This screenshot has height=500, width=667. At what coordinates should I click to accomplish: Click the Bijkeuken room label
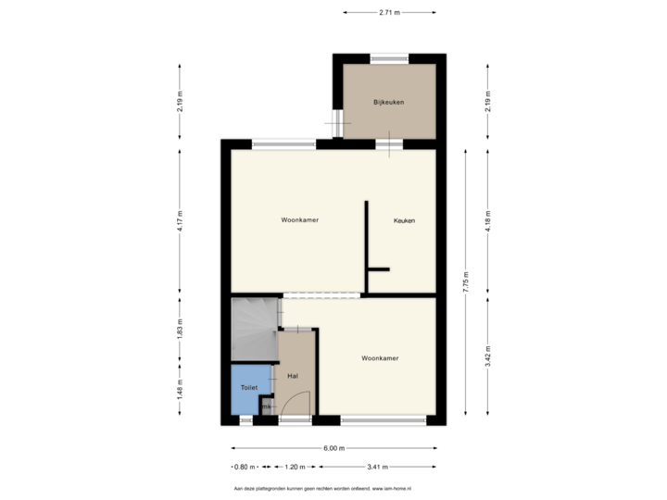(388, 102)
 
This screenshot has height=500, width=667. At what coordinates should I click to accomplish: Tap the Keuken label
(403, 220)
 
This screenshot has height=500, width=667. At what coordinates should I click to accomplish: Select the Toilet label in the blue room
(248, 386)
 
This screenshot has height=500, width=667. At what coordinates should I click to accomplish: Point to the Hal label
(292, 376)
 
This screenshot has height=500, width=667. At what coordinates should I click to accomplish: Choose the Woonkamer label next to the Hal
(380, 357)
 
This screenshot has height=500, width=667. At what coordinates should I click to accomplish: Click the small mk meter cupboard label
(266, 406)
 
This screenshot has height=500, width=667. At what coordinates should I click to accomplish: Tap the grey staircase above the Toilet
(253, 330)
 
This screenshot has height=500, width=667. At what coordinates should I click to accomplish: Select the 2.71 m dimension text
(389, 13)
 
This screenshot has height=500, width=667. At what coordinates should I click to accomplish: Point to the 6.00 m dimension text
(333, 448)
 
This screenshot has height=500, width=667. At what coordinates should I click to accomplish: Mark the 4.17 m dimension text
(180, 220)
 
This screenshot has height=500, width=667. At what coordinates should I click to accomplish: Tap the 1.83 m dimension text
(180, 331)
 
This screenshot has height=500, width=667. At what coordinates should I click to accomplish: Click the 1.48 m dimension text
(180, 392)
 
